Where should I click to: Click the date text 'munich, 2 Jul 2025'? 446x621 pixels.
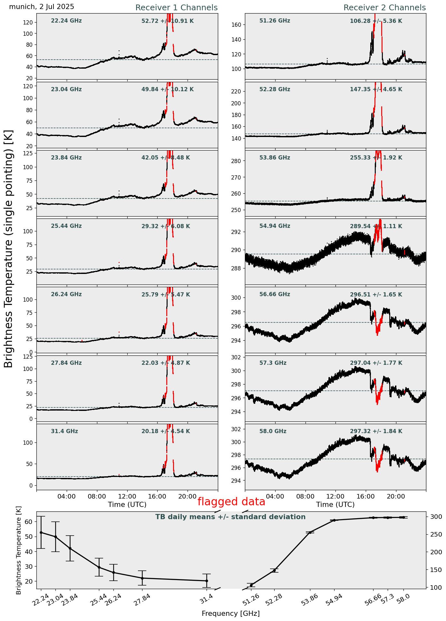(x=42, y=7)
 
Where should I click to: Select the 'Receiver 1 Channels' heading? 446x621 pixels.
(x=176, y=8)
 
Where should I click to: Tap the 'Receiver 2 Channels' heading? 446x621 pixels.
(x=384, y=8)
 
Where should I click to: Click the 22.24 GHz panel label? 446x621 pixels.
(x=66, y=21)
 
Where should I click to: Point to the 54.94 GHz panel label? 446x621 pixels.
(x=275, y=226)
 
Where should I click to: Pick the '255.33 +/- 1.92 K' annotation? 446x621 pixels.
(x=376, y=158)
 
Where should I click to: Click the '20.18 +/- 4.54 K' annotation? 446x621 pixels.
(x=166, y=431)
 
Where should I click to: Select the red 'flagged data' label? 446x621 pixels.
(x=231, y=502)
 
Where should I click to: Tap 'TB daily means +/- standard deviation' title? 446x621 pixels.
(x=230, y=517)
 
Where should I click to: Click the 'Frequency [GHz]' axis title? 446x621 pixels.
(x=230, y=614)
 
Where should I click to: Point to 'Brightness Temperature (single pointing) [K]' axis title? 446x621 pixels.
(x=9, y=249)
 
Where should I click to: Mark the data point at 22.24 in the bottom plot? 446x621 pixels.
(x=41, y=532)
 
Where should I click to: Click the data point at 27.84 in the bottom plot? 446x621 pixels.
(x=142, y=578)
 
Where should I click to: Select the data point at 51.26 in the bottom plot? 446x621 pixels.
(x=251, y=585)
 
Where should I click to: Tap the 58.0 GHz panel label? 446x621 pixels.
(x=273, y=431)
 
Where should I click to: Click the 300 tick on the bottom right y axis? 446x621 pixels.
(x=433, y=517)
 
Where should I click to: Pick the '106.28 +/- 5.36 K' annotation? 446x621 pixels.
(x=376, y=21)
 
